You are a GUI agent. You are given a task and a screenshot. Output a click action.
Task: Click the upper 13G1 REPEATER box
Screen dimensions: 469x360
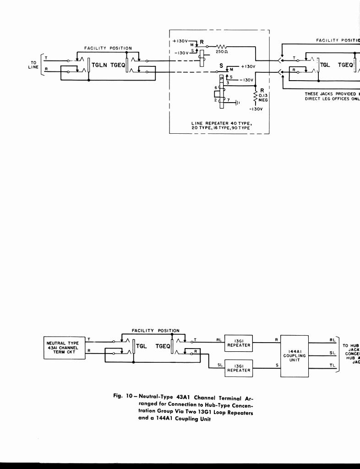238,343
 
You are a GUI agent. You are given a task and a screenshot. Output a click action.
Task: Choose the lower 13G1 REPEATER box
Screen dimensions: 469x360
238,368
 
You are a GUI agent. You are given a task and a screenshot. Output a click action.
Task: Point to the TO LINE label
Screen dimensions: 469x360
34,65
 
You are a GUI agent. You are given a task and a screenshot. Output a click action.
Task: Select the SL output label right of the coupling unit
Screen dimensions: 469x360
333,353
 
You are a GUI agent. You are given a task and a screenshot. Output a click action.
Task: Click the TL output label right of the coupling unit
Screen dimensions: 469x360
333,365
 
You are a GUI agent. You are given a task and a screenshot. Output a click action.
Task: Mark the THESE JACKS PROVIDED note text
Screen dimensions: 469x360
332,96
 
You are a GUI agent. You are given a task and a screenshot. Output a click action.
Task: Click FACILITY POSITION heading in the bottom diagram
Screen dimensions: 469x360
155,330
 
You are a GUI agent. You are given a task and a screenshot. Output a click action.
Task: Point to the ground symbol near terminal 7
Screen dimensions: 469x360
237,103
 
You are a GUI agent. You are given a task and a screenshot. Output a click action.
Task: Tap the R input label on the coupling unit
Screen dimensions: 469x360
276,340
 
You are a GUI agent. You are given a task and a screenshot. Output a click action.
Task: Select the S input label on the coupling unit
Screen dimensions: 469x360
276,365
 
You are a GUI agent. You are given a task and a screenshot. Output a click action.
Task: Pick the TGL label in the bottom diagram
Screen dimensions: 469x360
141,346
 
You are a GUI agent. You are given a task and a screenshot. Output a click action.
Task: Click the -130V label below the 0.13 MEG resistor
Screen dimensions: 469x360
255,109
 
